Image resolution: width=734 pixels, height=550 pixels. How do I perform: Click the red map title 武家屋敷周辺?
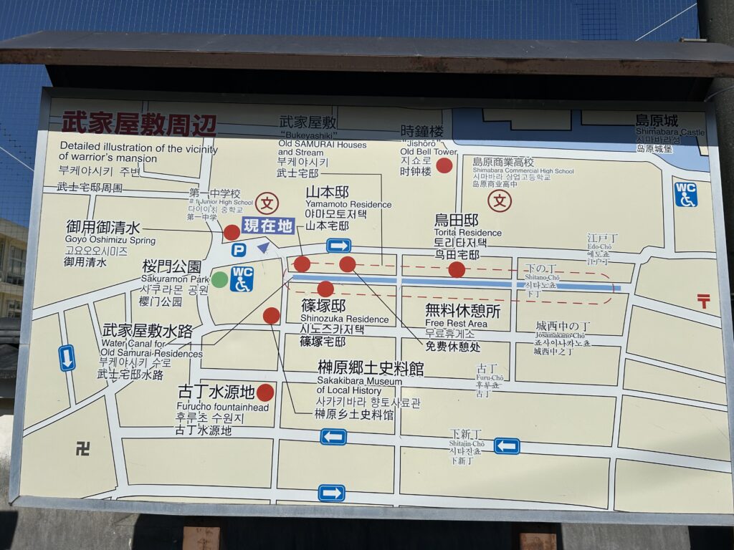(138, 122)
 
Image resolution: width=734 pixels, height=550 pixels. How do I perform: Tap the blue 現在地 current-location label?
(268, 226)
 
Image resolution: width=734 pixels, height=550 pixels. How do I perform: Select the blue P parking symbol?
(239, 250)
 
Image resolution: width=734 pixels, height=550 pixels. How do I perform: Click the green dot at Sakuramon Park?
(219, 279)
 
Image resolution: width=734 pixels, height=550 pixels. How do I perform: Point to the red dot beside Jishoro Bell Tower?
(444, 165)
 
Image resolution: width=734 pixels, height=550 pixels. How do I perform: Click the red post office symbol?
(703, 301)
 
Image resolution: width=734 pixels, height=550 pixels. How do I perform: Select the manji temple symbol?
(83, 449)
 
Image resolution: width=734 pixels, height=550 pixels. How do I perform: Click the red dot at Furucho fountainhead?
(265, 392)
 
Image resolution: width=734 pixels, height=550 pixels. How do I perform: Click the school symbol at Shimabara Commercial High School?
(500, 201)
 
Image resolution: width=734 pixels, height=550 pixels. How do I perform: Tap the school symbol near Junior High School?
(267, 203)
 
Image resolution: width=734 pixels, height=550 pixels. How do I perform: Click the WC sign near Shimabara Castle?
(685, 194)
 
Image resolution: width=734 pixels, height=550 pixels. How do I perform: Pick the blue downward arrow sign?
(67, 357)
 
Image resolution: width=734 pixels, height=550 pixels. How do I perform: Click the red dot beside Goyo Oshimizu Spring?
(232, 232)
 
